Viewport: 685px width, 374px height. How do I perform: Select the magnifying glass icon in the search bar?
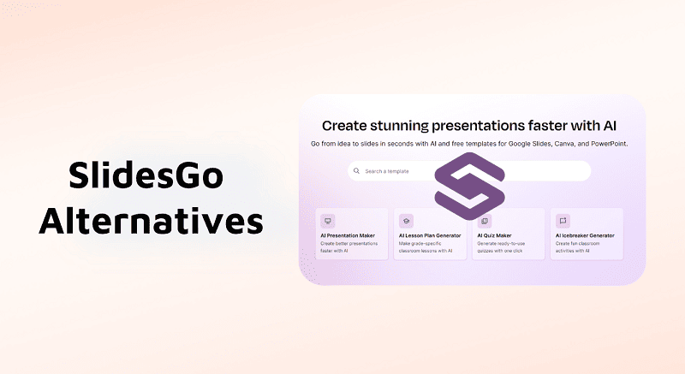click(x=357, y=171)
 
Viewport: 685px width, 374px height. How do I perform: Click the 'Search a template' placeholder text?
click(x=387, y=171)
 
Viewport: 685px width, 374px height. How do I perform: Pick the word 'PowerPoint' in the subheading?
click(x=604, y=144)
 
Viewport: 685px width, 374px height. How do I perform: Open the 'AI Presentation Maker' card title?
click(x=348, y=235)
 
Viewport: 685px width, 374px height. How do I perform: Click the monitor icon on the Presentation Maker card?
click(x=327, y=220)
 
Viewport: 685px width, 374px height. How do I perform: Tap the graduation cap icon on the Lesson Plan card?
click(x=406, y=220)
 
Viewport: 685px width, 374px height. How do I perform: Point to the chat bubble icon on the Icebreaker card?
click(x=562, y=220)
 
